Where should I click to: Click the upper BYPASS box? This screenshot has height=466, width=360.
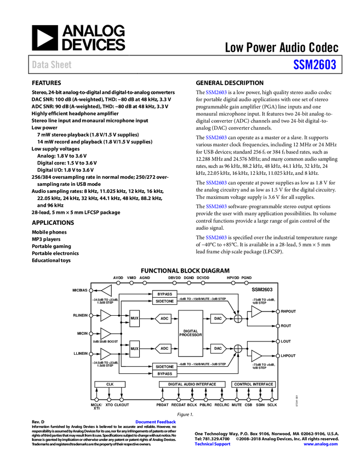(164, 294)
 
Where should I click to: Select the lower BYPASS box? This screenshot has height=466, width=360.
(164, 374)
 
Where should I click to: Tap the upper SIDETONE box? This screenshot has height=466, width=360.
(164, 302)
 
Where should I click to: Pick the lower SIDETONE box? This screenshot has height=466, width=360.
(164, 367)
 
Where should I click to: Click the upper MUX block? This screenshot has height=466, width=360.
(134, 319)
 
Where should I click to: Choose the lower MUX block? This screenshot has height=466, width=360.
(134, 349)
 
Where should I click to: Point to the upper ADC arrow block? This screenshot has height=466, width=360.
(164, 319)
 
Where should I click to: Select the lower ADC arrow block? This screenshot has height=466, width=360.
(164, 349)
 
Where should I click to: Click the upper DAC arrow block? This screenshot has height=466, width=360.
(218, 319)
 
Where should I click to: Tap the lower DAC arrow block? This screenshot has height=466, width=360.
(218, 349)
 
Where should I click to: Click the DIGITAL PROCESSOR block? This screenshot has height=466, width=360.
(191, 333)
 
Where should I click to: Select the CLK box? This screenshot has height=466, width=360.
(110, 384)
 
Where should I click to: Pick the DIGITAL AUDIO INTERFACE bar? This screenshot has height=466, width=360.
(192, 384)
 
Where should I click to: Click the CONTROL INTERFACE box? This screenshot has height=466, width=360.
(253, 384)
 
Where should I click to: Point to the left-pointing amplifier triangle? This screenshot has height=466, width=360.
(107, 291)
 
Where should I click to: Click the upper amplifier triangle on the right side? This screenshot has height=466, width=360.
(256, 311)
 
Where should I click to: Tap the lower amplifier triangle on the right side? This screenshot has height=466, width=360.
(256, 356)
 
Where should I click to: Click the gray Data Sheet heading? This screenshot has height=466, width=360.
(52, 65)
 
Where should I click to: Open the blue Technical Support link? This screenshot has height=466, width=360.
(213, 444)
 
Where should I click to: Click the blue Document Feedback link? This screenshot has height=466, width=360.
(156, 422)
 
